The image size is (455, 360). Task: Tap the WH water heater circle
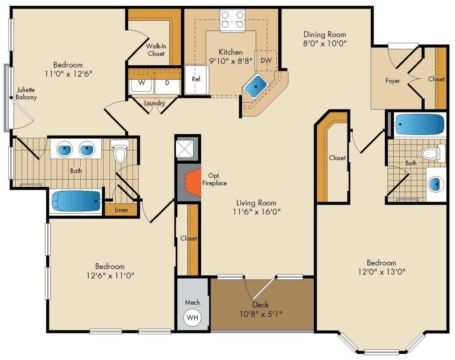pyautogui.click(x=193, y=318)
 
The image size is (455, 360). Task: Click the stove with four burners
pyautogui.click(x=232, y=20)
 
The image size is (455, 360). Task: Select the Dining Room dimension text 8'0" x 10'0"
pyautogui.click(x=325, y=44)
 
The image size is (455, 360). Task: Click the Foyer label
pyautogui.click(x=393, y=81)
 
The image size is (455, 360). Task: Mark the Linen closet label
pyautogui.click(x=121, y=210)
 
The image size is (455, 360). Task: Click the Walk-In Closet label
pyautogui.click(x=155, y=49)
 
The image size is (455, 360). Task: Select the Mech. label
pyautogui.click(x=192, y=302)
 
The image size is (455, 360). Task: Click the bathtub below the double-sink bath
pyautogui.click(x=76, y=201)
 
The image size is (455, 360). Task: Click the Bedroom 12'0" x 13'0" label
pyautogui.click(x=381, y=267)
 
